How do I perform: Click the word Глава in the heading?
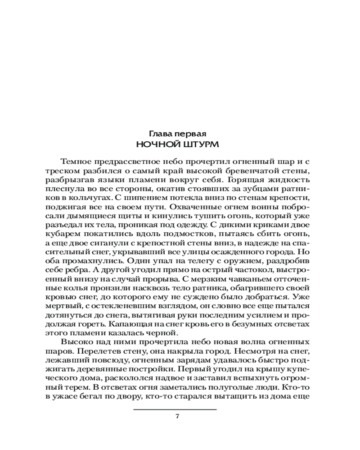pyautogui.click(x=160, y=134)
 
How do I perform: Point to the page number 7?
pyautogui.click(x=177, y=416)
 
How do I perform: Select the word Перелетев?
pyautogui.click(x=95, y=350)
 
